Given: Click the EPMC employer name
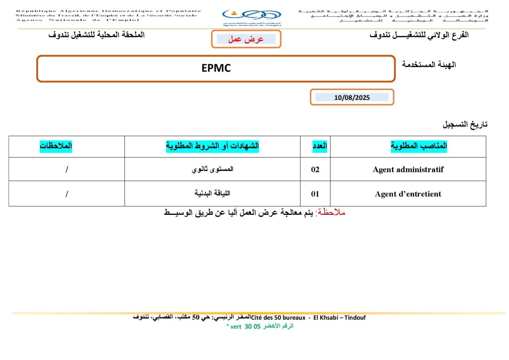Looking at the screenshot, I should (216, 69).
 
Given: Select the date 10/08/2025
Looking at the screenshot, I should (352, 97).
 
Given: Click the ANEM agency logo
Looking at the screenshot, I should (251, 18).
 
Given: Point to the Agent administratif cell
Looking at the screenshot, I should (408, 170).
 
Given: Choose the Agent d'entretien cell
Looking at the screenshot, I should (408, 194).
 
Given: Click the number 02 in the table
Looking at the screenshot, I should (315, 170).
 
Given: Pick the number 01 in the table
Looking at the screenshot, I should (315, 194).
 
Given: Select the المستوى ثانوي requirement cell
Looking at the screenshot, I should (213, 170).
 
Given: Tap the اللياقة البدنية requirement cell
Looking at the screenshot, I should (213, 194).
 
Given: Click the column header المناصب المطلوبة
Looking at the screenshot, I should (420, 146).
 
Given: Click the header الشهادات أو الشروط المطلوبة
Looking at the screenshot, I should (212, 146).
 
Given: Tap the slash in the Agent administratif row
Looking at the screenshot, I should (67, 170).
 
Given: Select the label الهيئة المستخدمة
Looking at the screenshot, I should (428, 65).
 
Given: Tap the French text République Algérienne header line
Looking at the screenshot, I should (108, 10).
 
